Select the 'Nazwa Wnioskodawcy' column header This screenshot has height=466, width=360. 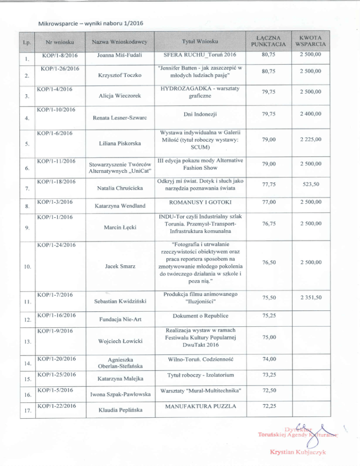tap(120, 42)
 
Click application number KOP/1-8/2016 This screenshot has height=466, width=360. tap(60, 56)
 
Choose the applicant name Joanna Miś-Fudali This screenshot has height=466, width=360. tap(119, 56)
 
